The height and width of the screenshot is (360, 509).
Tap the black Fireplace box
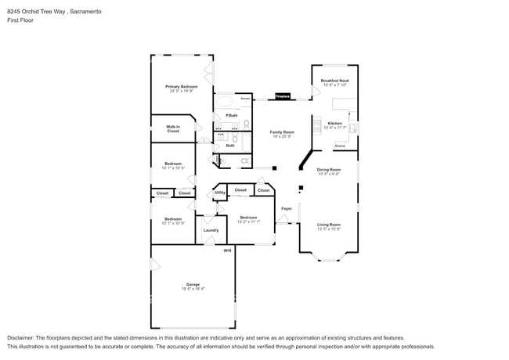[x=282, y=97]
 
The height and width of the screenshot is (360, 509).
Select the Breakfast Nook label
[x=334, y=81]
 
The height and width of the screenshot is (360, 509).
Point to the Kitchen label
[x=334, y=124]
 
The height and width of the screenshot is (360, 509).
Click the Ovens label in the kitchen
[x=340, y=146]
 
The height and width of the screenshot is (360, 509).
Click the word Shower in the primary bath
[x=245, y=99]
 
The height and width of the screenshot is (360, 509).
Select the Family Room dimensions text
[x=282, y=137]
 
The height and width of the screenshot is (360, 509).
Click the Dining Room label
[x=328, y=170]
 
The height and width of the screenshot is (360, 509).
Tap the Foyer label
[x=287, y=208]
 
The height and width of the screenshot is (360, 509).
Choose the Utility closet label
[x=220, y=192]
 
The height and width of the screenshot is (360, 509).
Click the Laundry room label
[x=211, y=230]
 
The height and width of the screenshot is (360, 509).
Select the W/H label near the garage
[x=227, y=250]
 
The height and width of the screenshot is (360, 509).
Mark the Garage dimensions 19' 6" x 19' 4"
[x=193, y=289]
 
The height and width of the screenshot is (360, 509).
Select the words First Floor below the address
[x=22, y=20]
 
